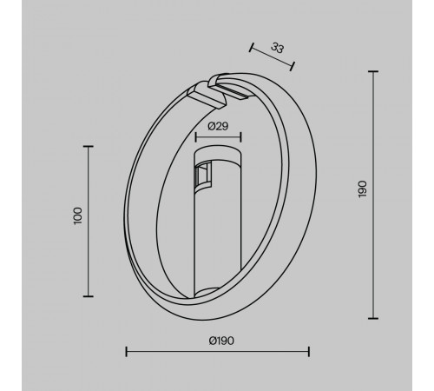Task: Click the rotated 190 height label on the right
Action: [x=362, y=192]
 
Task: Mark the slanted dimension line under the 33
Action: [x=272, y=55]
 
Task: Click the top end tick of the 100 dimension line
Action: [x=90, y=147]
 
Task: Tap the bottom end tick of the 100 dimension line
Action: [x=90, y=293]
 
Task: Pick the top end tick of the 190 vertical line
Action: [x=374, y=72]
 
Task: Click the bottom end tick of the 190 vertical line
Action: [x=374, y=318]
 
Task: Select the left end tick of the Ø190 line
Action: [x=127, y=351]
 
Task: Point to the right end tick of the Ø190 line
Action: [x=310, y=351]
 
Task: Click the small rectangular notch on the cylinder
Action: [x=201, y=176]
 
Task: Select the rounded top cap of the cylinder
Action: [x=217, y=154]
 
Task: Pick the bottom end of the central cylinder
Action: [x=216, y=291]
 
